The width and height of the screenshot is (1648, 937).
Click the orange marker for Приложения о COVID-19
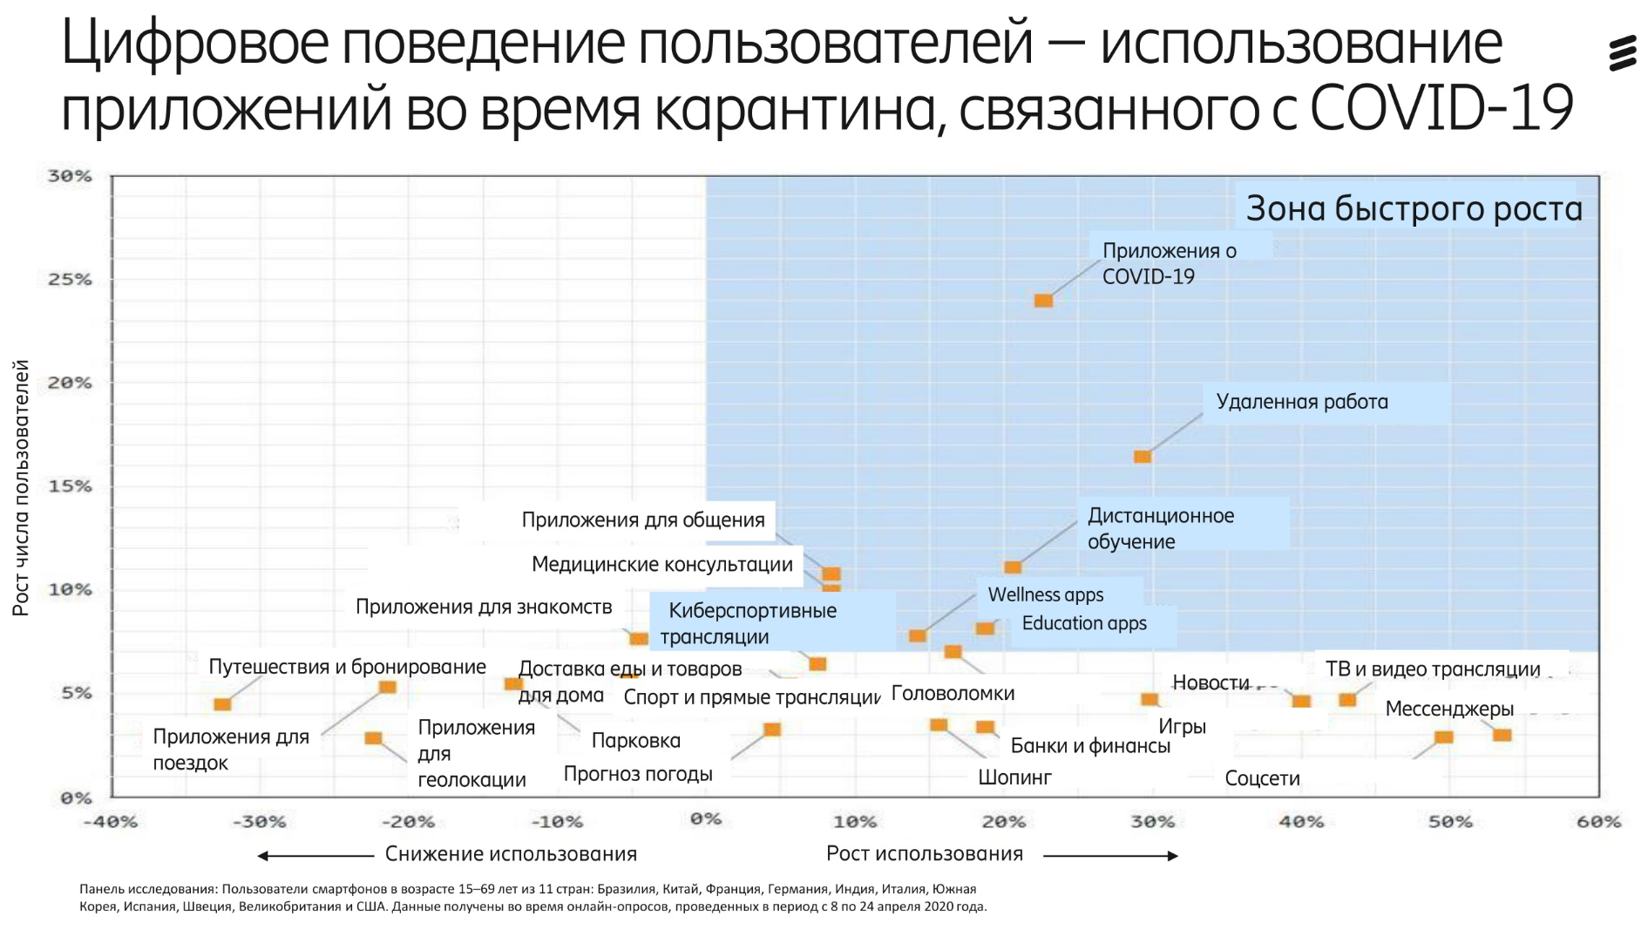pos(1043,301)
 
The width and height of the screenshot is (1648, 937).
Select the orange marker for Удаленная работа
pos(1143,457)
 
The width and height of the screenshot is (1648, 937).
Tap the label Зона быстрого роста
pos(1413,209)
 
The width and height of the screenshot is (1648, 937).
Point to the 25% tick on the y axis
pos(70,280)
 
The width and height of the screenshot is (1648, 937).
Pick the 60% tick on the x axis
pos(1598,822)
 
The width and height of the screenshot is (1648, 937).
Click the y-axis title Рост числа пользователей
pos(21,487)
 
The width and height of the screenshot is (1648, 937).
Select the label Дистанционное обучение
pos(1160,528)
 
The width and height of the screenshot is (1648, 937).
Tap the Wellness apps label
pos(1045,594)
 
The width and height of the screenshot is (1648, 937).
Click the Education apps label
pos(1083,623)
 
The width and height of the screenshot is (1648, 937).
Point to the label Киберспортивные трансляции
pos(751,623)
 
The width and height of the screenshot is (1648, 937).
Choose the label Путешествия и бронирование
pos(347,667)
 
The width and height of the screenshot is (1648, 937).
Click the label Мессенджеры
pos(1448,709)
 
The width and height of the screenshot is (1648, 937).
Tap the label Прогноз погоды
pos(638,774)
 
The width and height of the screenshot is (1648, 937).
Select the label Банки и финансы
pos(1089,746)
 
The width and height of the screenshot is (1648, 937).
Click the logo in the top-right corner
pos(1622,53)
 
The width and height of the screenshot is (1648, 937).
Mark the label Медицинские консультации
pos(661,565)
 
